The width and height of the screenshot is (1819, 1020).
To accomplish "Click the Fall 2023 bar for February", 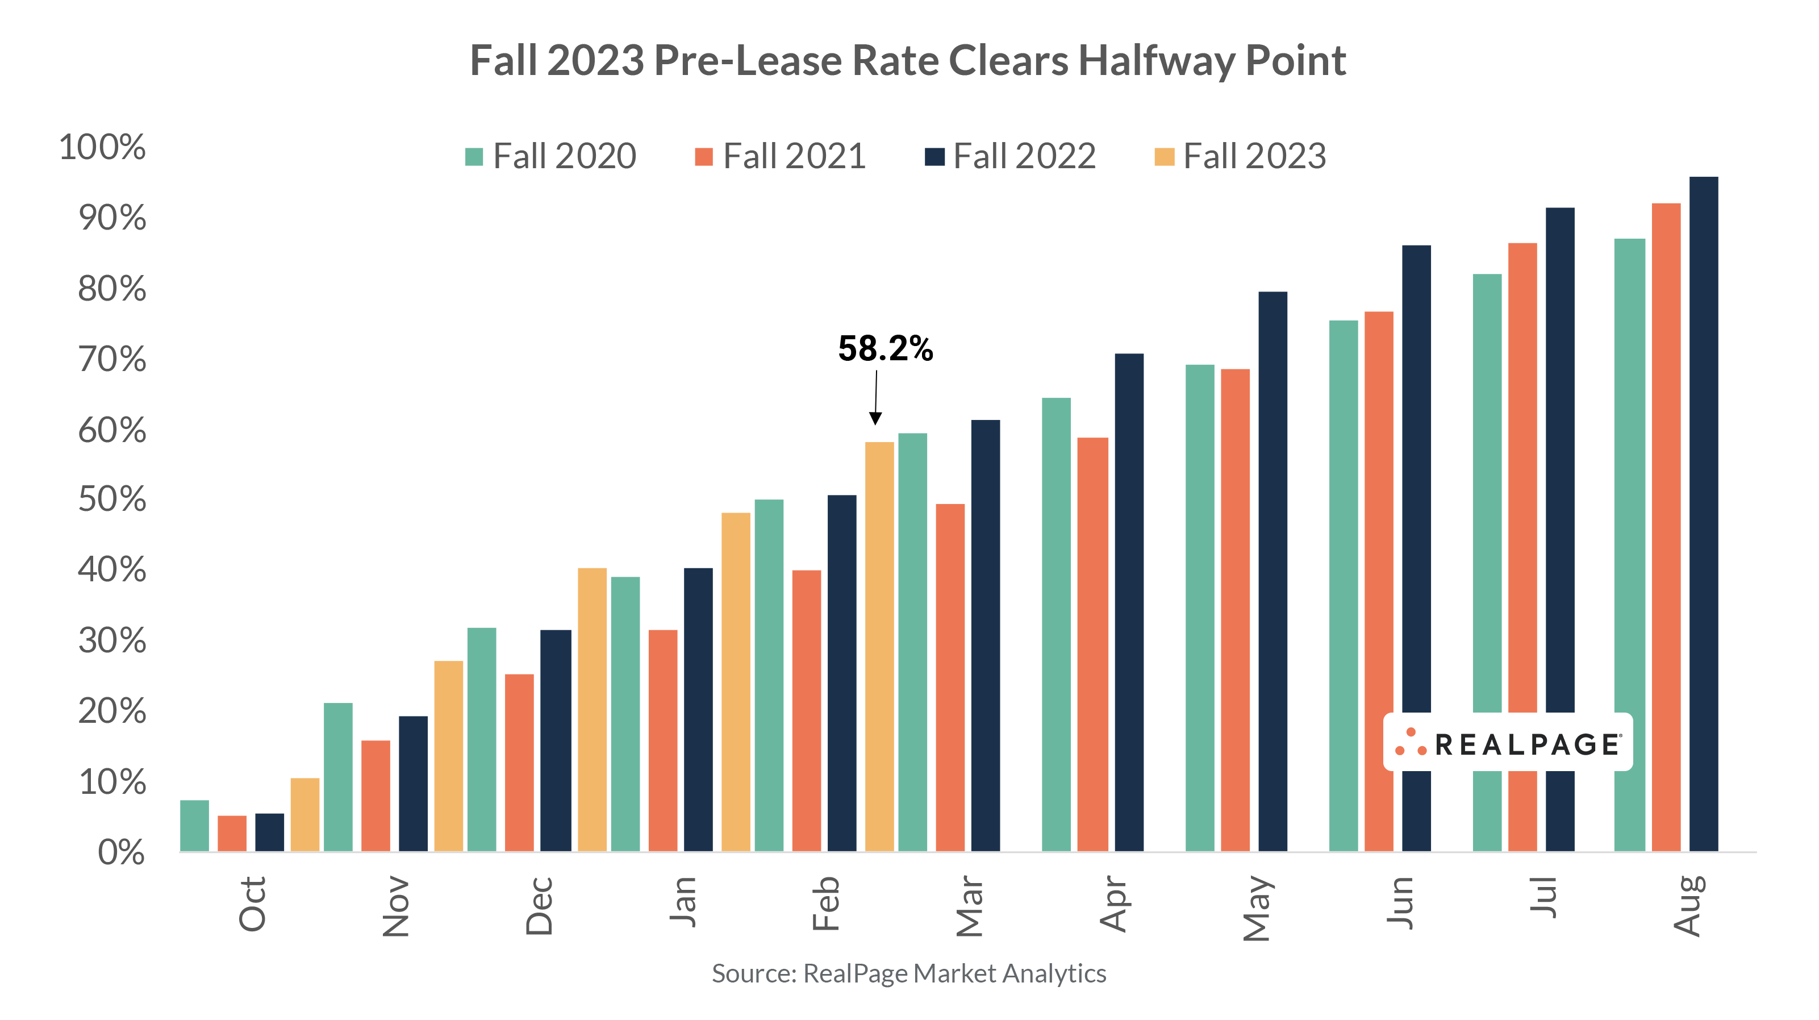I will tap(879, 646).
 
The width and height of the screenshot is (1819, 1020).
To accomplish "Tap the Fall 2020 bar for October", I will tap(194, 826).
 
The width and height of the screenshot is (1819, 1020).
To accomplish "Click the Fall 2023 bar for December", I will tap(592, 709).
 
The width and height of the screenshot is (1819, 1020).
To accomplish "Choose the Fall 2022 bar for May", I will tap(1273, 572).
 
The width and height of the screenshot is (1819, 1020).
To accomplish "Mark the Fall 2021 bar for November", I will tap(375, 796).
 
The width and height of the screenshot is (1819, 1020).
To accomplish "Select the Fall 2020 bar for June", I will tap(1343, 586).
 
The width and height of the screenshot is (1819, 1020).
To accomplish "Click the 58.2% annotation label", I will tap(885, 348).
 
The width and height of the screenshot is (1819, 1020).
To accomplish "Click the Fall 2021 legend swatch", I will tap(703, 157).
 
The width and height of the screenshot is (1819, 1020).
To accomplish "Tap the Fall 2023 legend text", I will tap(1254, 156).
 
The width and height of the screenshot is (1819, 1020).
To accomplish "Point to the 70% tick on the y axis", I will tap(112, 360).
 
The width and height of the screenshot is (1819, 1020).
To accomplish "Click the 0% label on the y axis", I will tap(121, 852).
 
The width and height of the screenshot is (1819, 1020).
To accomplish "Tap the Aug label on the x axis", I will tap(1688, 906).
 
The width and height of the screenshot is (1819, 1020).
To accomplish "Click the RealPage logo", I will tap(1508, 742).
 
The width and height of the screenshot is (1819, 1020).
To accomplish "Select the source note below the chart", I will tap(909, 973).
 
